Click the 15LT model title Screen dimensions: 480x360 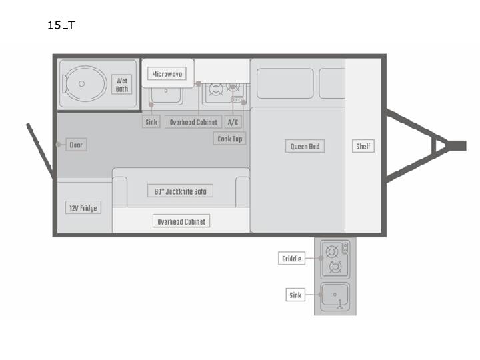coord(61,25)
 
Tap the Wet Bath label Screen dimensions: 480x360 coord(121,85)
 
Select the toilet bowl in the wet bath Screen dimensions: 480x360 coord(85,83)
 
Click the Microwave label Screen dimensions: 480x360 coord(167,74)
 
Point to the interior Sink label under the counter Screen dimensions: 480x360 coord(151,122)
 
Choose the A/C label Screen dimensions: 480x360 coord(233,122)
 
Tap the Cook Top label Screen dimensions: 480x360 coord(229,139)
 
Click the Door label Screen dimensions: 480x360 coord(76,145)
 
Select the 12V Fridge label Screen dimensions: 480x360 coord(83,208)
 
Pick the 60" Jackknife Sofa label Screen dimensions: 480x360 coord(180,191)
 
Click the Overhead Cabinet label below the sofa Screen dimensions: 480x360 coord(181,221)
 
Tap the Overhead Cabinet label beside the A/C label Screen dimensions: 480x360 coord(193,122)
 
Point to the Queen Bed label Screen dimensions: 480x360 coord(305,146)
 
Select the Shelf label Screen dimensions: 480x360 coord(363,146)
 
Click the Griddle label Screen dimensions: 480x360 coord(291,259)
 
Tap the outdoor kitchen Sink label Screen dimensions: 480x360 coord(295,295)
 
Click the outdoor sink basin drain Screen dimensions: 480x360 coord(335,295)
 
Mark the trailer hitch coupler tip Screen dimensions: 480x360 coord(466,146)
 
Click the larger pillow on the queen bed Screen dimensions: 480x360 coord(285,83)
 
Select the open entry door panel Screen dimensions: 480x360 coord(39,151)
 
